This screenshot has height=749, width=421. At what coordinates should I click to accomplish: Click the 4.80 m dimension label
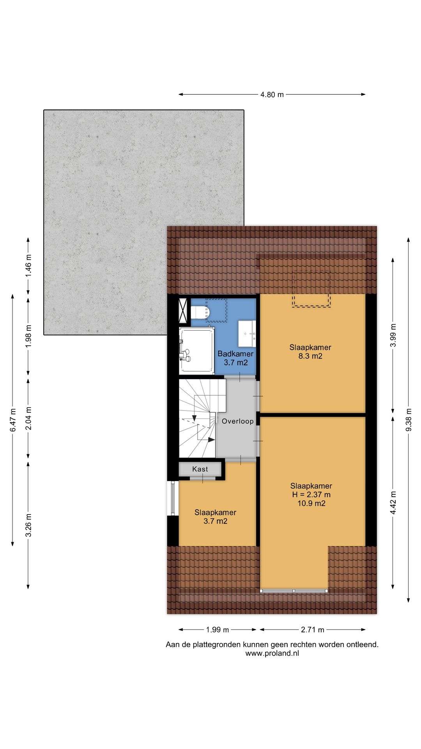[272, 94]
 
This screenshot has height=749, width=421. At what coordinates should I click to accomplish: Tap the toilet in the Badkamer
[201, 312]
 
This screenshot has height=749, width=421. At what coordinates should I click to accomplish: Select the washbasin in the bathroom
[247, 334]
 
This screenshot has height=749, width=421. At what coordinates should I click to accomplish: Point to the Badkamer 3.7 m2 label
[235, 358]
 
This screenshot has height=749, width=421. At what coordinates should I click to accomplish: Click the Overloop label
[237, 421]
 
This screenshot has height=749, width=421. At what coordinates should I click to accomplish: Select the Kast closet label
[200, 469]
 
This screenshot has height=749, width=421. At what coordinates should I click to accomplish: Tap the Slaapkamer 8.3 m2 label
[310, 351]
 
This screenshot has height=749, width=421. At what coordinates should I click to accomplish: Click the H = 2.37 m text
[311, 495]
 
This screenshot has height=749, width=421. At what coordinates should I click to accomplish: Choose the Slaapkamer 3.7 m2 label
[215, 517]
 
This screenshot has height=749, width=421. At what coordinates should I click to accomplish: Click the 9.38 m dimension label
[409, 420]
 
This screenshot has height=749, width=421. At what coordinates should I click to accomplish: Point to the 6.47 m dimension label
[13, 420]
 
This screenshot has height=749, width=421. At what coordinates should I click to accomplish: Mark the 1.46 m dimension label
[28, 266]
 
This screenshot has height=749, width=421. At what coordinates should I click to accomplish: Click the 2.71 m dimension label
[313, 630]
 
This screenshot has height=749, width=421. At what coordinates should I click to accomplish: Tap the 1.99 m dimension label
[218, 630]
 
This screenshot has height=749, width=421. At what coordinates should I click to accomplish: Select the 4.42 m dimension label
[393, 502]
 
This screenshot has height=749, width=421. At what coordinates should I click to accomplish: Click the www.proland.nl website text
[272, 653]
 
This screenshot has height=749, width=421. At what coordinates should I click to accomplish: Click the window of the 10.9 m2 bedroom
[294, 591]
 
